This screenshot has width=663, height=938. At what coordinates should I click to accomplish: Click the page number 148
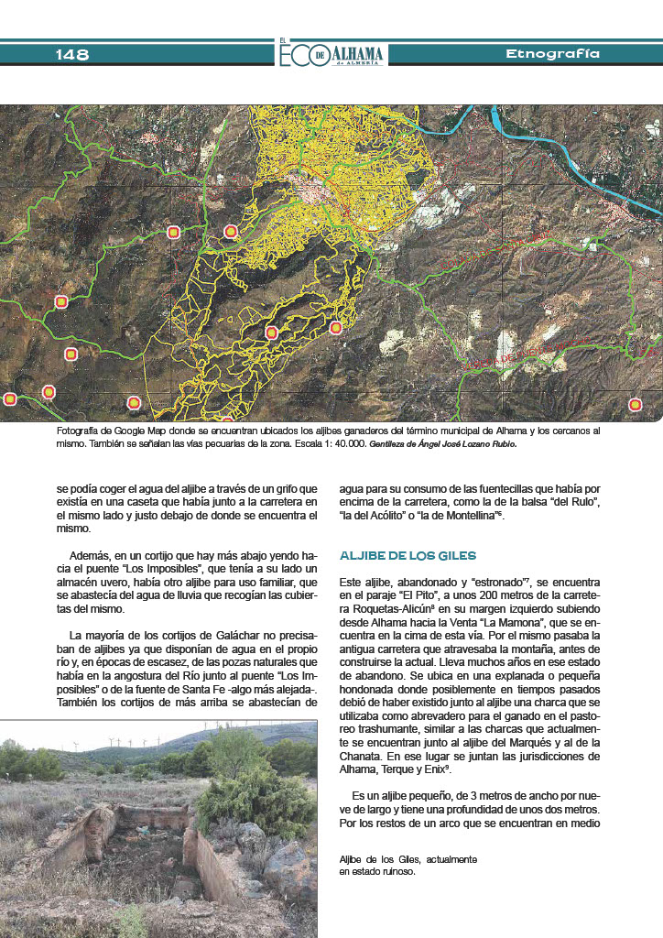tap(72, 55)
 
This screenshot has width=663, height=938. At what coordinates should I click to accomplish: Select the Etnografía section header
tap(552, 54)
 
